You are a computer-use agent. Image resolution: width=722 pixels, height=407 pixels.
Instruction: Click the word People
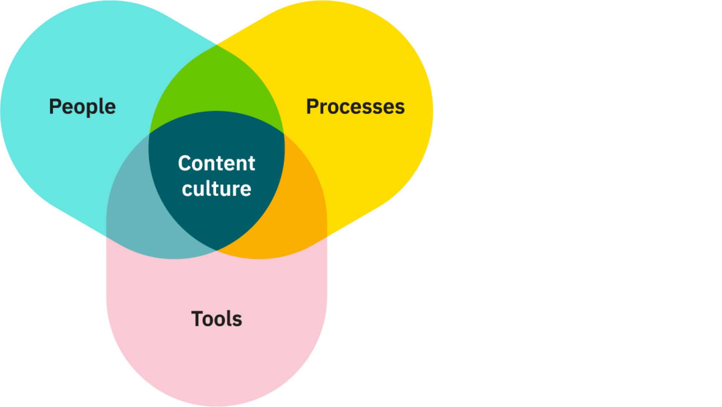point(82,107)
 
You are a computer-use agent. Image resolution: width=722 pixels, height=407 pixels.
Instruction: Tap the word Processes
point(355,107)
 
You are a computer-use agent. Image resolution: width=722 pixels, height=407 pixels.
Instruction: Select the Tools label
point(217,319)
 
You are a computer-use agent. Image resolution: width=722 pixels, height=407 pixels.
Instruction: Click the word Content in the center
point(217,163)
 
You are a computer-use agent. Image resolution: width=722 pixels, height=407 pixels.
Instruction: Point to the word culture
point(217,189)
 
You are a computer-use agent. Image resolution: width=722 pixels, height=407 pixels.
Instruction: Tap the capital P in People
point(55,107)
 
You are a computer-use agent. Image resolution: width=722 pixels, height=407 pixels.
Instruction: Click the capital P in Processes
point(312,107)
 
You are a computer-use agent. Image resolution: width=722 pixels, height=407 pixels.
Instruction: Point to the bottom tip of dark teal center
point(216,250)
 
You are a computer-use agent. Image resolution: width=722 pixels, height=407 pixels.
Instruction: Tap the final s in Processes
point(400,108)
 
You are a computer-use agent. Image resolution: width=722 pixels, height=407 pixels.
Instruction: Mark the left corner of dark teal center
point(149,134)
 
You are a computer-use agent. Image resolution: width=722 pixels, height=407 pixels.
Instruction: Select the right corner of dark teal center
point(284,134)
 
